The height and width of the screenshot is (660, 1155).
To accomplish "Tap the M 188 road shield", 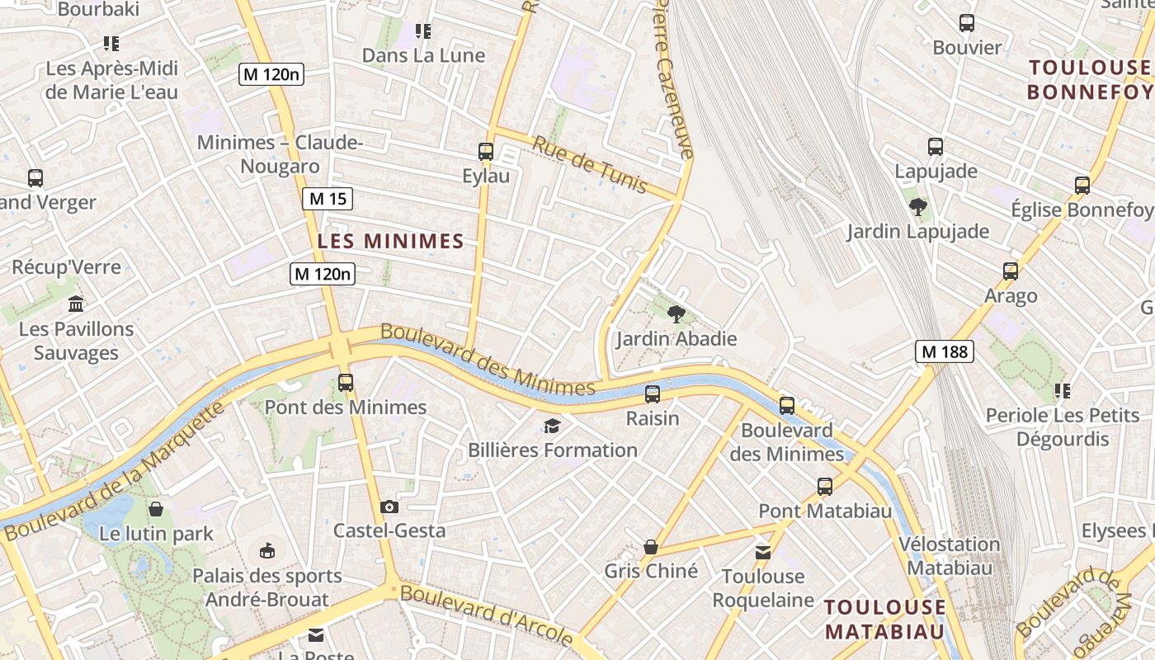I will (945, 352).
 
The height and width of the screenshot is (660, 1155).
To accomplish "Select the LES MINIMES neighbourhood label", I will (391, 241).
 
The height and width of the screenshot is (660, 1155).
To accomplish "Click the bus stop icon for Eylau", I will (486, 152).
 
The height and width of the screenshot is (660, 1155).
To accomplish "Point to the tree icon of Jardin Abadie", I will (676, 313).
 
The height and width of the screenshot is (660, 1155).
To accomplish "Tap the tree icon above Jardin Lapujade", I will (917, 206).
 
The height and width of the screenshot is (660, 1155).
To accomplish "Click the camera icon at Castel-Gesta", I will (389, 507).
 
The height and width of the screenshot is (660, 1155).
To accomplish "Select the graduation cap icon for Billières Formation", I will (552, 426).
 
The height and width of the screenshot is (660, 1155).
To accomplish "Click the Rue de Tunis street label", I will (589, 165).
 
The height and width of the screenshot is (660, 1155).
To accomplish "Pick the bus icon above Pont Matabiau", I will (825, 487).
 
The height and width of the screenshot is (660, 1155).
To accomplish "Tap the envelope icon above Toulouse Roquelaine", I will (763, 552).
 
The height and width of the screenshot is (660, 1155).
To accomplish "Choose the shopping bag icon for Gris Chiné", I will (651, 547).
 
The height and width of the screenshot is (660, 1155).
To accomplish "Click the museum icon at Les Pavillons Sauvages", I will (76, 304).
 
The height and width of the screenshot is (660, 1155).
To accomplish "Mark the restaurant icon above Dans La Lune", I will (423, 31).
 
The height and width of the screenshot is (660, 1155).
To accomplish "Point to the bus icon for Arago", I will (1011, 271).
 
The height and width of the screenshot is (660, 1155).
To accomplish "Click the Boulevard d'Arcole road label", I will (487, 615).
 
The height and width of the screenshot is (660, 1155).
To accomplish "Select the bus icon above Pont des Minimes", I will (346, 383).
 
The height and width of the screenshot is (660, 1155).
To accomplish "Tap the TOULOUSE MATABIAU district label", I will (885, 620).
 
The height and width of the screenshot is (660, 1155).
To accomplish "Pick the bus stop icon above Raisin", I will (653, 394).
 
